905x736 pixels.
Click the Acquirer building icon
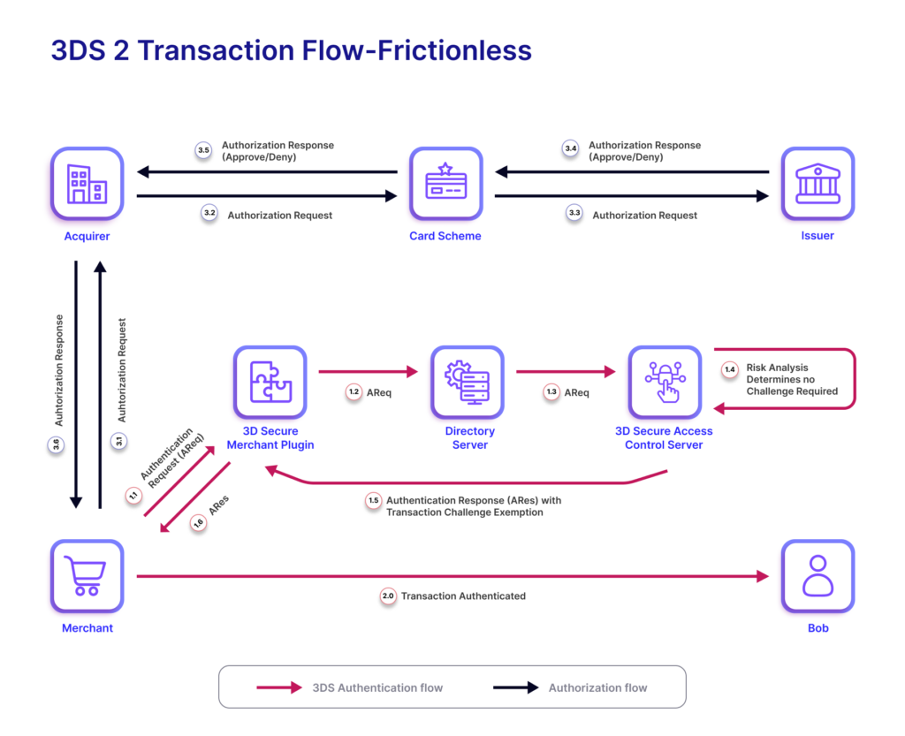pos(87,184)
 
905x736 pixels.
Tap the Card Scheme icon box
pos(445,184)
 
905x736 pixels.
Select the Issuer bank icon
pos(818,184)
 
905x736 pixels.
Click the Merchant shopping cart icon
pos(87,576)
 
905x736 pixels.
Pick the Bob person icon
pos(818,576)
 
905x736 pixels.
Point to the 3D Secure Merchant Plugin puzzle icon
pos(270,382)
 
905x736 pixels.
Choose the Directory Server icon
pos(468,382)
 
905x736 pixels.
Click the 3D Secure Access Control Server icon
pos(665,382)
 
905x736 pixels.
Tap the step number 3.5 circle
pos(204,151)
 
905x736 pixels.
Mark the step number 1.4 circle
pos(729,368)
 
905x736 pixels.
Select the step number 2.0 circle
pos(388,596)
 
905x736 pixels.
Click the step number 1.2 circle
pos(354,392)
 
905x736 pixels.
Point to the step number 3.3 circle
pos(574,214)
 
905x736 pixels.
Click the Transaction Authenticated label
pos(463,596)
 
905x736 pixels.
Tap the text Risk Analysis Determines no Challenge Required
pos(792,379)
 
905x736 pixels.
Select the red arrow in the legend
pos(279,687)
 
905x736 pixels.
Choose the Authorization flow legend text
pos(597,687)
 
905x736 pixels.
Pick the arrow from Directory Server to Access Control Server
pos(566,372)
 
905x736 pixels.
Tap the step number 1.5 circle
pos(373,501)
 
